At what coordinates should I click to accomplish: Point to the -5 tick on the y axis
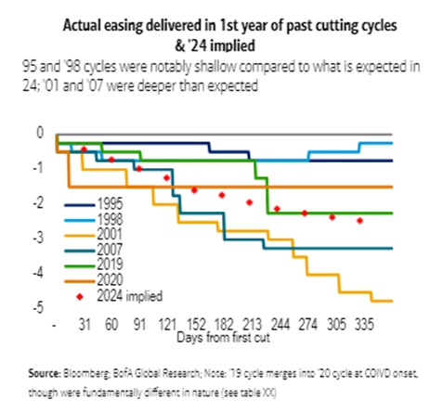click(x=40, y=307)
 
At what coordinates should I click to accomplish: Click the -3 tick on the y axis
click(x=40, y=238)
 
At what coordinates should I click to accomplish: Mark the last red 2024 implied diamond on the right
click(x=359, y=220)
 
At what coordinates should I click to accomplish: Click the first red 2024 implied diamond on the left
click(x=85, y=149)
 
